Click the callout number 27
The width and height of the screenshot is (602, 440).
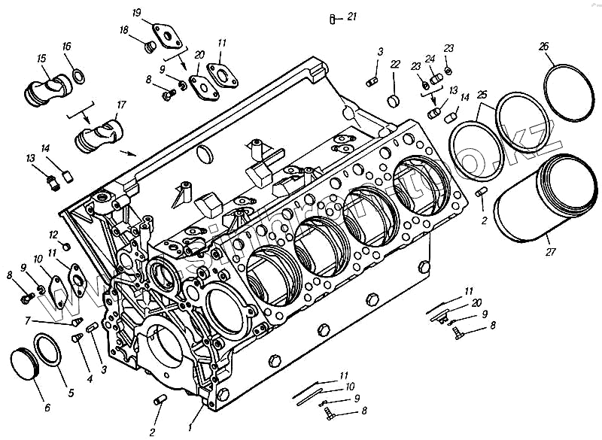click(x=551, y=251)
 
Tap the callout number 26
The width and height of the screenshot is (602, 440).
click(x=544, y=47)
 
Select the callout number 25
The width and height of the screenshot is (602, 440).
click(x=482, y=94)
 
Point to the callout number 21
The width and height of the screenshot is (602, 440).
click(x=352, y=17)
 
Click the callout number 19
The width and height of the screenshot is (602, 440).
click(x=136, y=14)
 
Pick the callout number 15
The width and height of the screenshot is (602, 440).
click(x=41, y=58)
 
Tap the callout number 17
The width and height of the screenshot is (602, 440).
click(x=121, y=104)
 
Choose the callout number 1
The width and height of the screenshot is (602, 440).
click(x=190, y=427)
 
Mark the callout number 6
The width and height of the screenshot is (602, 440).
click(x=47, y=408)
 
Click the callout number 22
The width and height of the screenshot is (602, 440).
click(x=394, y=65)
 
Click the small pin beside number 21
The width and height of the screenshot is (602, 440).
click(x=333, y=19)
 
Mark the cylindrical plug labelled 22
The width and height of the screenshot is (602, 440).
click(x=393, y=101)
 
